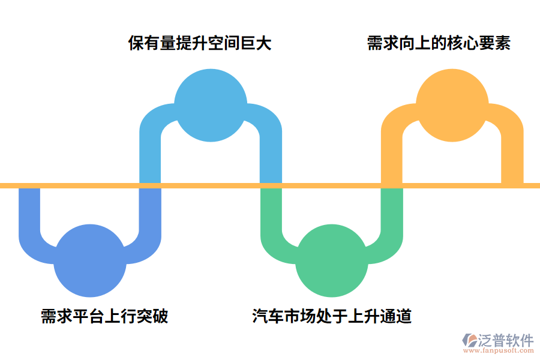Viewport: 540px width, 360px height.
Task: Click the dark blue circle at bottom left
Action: point(90,261)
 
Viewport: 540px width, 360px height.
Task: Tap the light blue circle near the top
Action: point(211,105)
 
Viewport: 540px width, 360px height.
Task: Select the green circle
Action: point(332,261)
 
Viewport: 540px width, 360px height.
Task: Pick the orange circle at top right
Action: point(452,105)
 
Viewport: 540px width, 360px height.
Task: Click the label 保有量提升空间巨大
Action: point(200,43)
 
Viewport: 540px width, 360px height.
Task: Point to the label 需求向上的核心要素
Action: point(439,43)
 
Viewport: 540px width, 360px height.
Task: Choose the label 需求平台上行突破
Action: point(104,316)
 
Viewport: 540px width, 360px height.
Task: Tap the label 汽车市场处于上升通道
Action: point(332,316)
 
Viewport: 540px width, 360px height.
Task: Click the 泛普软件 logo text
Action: point(505,340)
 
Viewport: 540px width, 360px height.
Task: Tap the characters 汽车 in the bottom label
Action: point(267,316)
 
